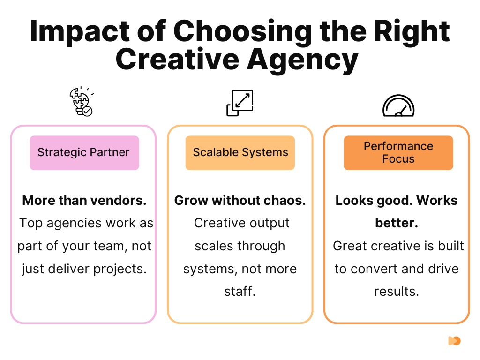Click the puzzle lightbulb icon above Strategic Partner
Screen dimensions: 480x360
[82, 101]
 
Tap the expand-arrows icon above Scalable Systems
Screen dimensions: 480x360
[240, 103]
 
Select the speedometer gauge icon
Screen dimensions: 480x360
[398, 106]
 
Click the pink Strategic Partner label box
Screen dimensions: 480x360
[84, 153]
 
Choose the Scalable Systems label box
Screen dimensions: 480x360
[240, 153]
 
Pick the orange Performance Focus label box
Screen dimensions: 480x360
[398, 153]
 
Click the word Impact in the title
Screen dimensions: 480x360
[80, 32]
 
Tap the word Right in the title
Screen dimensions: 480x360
[412, 32]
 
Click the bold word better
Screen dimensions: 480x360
[397, 223]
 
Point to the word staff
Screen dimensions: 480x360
[240, 292]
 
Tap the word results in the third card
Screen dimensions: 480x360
[397, 292]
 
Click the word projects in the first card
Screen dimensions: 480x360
[120, 270]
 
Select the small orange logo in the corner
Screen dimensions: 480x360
[454, 341]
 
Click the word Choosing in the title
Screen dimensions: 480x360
[243, 32]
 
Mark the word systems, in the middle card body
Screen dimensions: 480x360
[210, 270]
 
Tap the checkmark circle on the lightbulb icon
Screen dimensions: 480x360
[88, 112]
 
